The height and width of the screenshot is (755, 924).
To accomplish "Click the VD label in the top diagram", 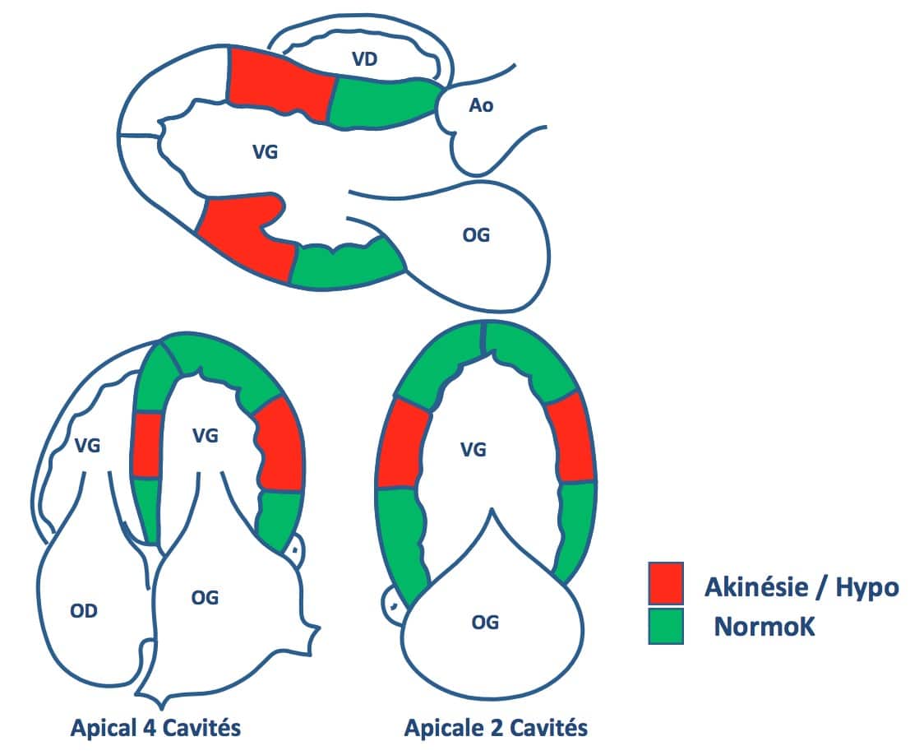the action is point(364,59).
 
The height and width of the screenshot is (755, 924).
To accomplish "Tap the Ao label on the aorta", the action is point(481,105).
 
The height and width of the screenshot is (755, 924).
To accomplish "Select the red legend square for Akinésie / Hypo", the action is point(666,583).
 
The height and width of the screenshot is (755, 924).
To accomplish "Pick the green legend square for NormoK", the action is point(666,626).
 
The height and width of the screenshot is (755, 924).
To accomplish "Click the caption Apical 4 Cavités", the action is point(155,727).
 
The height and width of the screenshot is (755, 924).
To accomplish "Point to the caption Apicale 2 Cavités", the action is point(496,727).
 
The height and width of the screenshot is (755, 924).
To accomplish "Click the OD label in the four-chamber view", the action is point(84,610).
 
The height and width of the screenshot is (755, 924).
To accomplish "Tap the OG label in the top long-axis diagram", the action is point(476,235).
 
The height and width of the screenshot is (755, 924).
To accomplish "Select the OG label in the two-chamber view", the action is point(485,622).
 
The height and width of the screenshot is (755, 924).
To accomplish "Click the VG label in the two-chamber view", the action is point(474,451).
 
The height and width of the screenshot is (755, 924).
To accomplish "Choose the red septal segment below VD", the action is point(280,86).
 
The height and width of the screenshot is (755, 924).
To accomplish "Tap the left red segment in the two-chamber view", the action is point(403,443).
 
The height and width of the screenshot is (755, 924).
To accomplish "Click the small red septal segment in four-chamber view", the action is point(146,444).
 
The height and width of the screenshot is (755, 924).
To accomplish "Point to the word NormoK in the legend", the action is point(765,627).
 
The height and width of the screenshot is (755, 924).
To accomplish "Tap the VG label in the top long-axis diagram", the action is point(266,152).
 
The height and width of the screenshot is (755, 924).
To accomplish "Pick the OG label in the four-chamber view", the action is point(205,598).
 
